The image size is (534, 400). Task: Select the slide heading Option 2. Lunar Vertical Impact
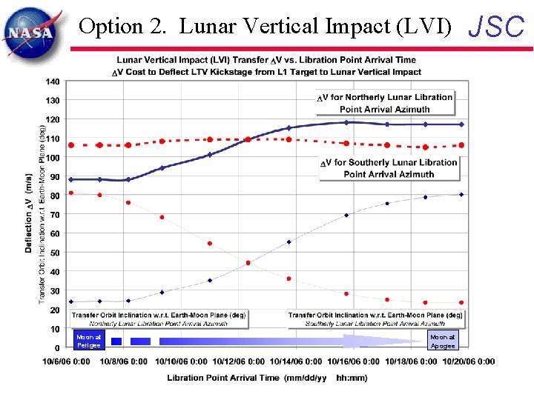coord(265,27)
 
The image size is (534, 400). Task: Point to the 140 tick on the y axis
coord(53,81)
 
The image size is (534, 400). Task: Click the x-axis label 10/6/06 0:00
coord(66,361)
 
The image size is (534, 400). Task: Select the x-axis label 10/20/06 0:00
coord(468,361)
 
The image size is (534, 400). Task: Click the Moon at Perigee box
coord(88,341)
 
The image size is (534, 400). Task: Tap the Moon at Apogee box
coord(443,341)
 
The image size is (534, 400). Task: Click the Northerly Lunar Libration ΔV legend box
coord(384,103)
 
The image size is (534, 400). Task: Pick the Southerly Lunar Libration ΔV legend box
coord(389,168)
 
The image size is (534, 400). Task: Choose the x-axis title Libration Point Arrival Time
coord(268,378)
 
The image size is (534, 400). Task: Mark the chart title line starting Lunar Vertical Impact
coord(266,60)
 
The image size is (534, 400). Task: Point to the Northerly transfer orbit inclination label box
coord(159,319)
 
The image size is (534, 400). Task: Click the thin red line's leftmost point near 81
coord(71,193)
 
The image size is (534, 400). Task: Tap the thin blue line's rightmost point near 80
coord(461,195)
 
